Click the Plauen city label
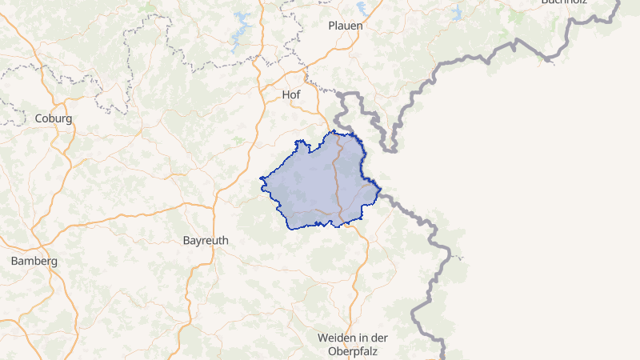click(x=346, y=26)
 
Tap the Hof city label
click(x=292, y=94)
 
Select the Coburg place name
click(x=54, y=118)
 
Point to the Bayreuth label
click(x=206, y=240)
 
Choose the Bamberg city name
click(x=34, y=261)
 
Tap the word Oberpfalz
click(x=352, y=350)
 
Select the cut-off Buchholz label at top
click(x=564, y=2)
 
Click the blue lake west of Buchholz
click(x=457, y=13)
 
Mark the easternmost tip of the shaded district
click(x=381, y=190)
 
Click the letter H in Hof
click(x=286, y=94)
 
